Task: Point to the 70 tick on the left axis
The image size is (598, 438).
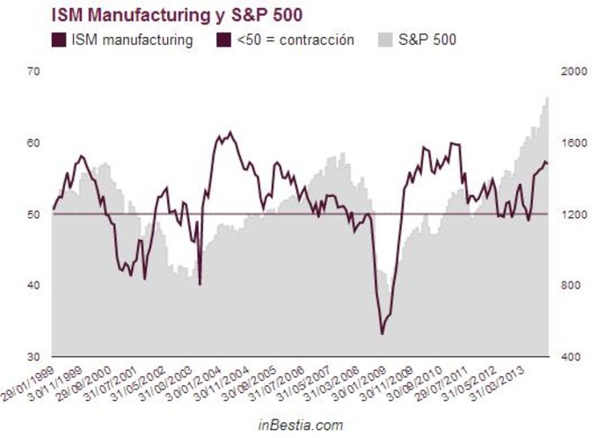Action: click(35, 71)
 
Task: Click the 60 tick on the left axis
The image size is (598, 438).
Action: click(35, 142)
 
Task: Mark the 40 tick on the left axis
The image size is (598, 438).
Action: click(35, 285)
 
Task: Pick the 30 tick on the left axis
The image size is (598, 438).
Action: click(35, 356)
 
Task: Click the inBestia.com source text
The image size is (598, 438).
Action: click(300, 425)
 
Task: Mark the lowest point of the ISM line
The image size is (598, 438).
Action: click(382, 333)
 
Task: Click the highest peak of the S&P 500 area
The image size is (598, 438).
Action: click(547, 98)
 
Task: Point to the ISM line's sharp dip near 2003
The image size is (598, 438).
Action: click(201, 284)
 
